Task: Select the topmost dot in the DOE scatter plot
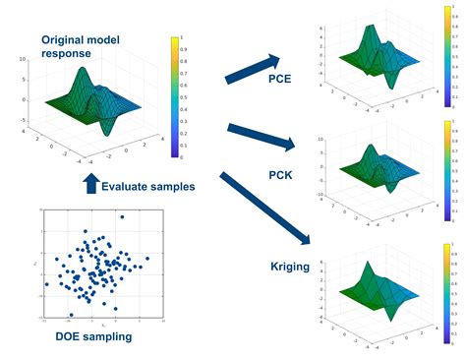123,216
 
